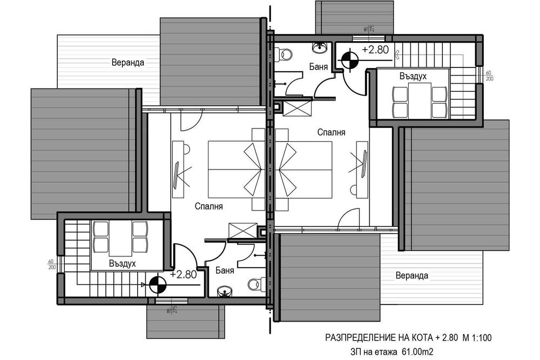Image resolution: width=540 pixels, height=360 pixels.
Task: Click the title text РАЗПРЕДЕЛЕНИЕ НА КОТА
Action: coord(378,338)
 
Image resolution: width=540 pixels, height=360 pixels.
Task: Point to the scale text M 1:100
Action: coord(476,338)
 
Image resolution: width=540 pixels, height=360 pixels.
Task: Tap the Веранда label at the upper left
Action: coord(127,62)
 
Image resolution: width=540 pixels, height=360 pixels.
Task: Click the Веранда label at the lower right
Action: coord(411,275)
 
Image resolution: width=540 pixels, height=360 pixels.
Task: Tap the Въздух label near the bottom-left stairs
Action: coord(122,263)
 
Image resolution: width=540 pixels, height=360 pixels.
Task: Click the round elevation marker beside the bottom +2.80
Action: coord(157,283)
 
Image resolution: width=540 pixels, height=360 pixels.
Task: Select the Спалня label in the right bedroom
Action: coord(331,132)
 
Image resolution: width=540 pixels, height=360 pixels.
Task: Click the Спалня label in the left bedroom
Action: coord(209,206)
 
